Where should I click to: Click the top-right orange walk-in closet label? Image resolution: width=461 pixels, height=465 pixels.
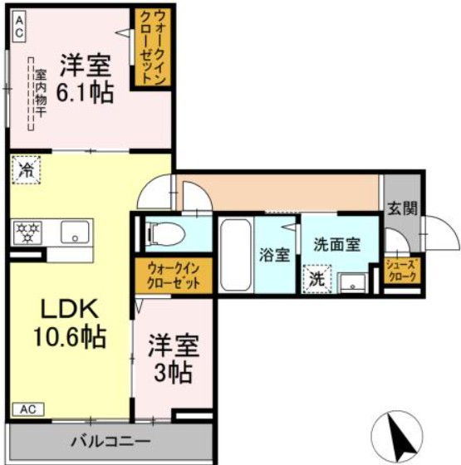pyautogui.click(x=154, y=46)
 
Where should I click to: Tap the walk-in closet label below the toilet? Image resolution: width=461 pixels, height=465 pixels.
pyautogui.click(x=174, y=275)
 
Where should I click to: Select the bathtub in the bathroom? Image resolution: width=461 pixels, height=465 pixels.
pyautogui.click(x=235, y=255)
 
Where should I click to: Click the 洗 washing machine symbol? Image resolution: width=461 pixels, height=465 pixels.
pyautogui.click(x=316, y=278)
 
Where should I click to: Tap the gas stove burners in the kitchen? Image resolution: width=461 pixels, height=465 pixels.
pyautogui.click(x=27, y=232)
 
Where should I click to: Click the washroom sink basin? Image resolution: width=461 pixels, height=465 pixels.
pyautogui.click(x=354, y=282)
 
